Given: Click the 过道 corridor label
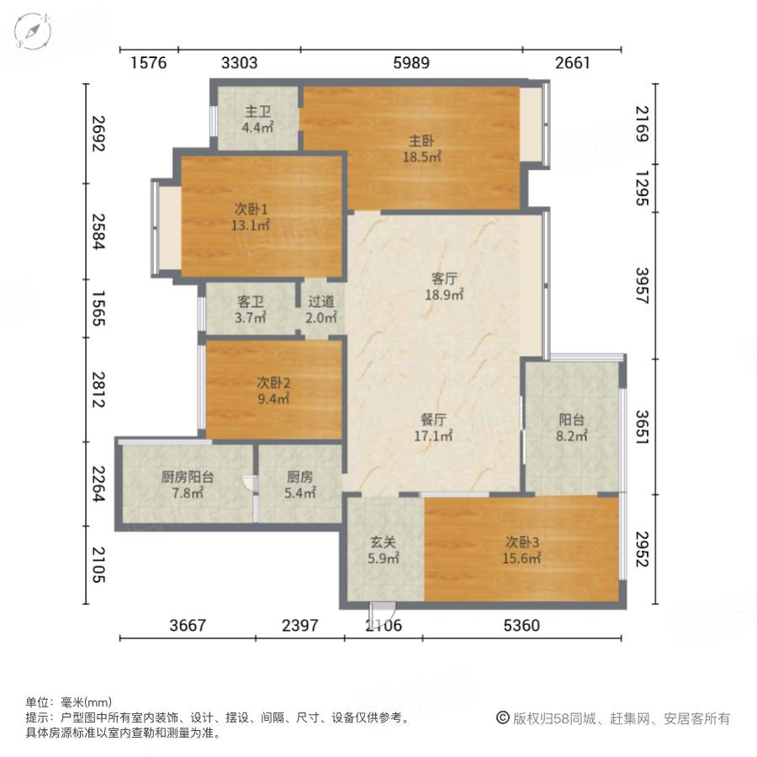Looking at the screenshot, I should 320,301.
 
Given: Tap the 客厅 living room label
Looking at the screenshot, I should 445,278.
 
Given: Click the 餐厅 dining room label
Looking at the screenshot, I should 434,419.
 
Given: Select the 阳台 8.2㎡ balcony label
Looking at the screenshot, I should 572,420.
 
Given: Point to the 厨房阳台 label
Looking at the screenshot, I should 187,477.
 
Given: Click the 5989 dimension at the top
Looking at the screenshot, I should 410,62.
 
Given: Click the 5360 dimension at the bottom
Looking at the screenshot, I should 521,625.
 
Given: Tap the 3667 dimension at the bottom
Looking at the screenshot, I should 188,625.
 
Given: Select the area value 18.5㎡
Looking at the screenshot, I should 422,156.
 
